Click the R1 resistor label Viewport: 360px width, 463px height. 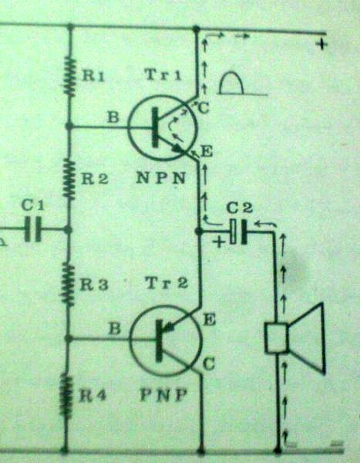pos(93,76)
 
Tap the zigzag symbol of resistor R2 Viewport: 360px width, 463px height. pos(69,179)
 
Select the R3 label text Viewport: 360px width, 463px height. pos(94,285)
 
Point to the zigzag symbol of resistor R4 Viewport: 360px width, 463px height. pos(66,395)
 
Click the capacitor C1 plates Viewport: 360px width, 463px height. pos(32,229)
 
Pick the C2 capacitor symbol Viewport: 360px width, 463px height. pos(238,231)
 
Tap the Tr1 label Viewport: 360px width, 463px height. pos(163,75)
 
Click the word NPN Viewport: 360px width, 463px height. pos(161,178)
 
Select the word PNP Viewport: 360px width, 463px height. pos(163,395)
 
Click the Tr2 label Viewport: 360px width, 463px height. pos(167,283)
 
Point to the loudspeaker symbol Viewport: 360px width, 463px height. pos(294,339)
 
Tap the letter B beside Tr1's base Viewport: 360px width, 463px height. pos(113,117)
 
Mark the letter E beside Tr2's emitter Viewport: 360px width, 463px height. pos(209,319)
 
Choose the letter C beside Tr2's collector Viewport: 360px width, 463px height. pos(209,364)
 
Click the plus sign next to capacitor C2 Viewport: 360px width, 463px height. pos(219,242)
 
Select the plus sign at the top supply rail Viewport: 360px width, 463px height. pos(321,45)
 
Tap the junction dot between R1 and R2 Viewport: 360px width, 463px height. pos(69,127)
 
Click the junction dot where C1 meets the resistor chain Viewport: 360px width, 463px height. pos(68,230)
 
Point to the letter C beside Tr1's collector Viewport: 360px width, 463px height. pos(204,108)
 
